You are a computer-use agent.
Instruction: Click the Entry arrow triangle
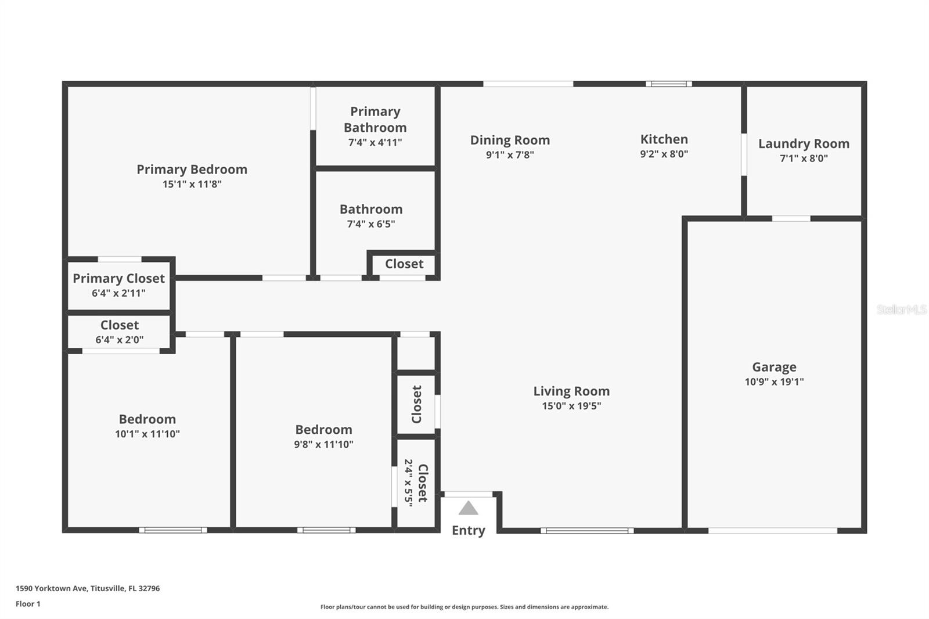tap(468, 509)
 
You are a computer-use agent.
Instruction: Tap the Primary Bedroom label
tap(192, 170)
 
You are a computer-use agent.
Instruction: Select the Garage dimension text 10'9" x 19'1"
tap(774, 382)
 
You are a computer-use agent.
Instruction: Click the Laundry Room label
tap(804, 143)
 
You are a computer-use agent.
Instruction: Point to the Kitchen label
tap(664, 139)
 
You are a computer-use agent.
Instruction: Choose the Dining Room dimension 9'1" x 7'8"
tap(510, 155)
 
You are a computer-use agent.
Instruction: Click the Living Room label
tap(571, 391)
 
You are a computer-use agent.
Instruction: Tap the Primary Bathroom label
tap(375, 120)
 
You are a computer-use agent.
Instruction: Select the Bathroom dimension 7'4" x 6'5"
tap(371, 224)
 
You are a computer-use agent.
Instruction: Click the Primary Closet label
tap(118, 278)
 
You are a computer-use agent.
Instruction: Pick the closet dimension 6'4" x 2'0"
tap(119, 340)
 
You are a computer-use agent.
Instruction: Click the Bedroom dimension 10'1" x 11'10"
tap(147, 434)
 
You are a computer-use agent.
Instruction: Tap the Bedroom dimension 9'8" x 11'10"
tap(323, 444)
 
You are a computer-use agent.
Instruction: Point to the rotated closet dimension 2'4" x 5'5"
tap(409, 483)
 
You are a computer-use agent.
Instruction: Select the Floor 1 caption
tap(28, 604)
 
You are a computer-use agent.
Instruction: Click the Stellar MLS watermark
tap(901, 310)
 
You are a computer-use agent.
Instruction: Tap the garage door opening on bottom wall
tap(772, 530)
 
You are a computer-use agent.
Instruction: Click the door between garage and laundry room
tap(791, 218)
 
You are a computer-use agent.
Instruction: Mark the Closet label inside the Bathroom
tap(404, 264)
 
